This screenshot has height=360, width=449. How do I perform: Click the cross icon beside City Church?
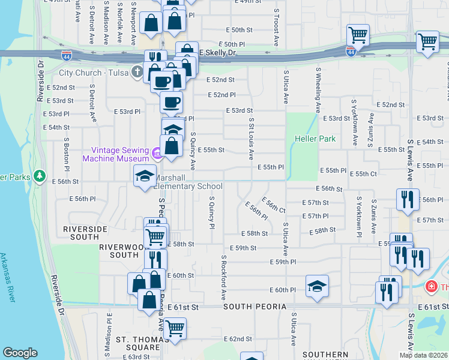[x=137, y=73]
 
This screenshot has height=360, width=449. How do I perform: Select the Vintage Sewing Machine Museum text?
[x=119, y=154]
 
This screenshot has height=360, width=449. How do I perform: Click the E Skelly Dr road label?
[x=218, y=53]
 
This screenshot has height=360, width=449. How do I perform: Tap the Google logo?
[x=20, y=353]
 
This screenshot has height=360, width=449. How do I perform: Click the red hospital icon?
[x=430, y=287]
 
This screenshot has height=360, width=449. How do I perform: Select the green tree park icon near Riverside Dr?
[x=40, y=176]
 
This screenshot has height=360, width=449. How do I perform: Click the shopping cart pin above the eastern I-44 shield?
[x=358, y=35]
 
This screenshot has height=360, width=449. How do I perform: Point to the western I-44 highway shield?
[x=66, y=56]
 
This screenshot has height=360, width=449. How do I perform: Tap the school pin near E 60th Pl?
[x=317, y=286]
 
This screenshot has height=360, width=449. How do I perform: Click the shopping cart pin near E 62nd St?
[x=175, y=328]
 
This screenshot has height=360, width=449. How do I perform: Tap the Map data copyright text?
[x=424, y=355]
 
